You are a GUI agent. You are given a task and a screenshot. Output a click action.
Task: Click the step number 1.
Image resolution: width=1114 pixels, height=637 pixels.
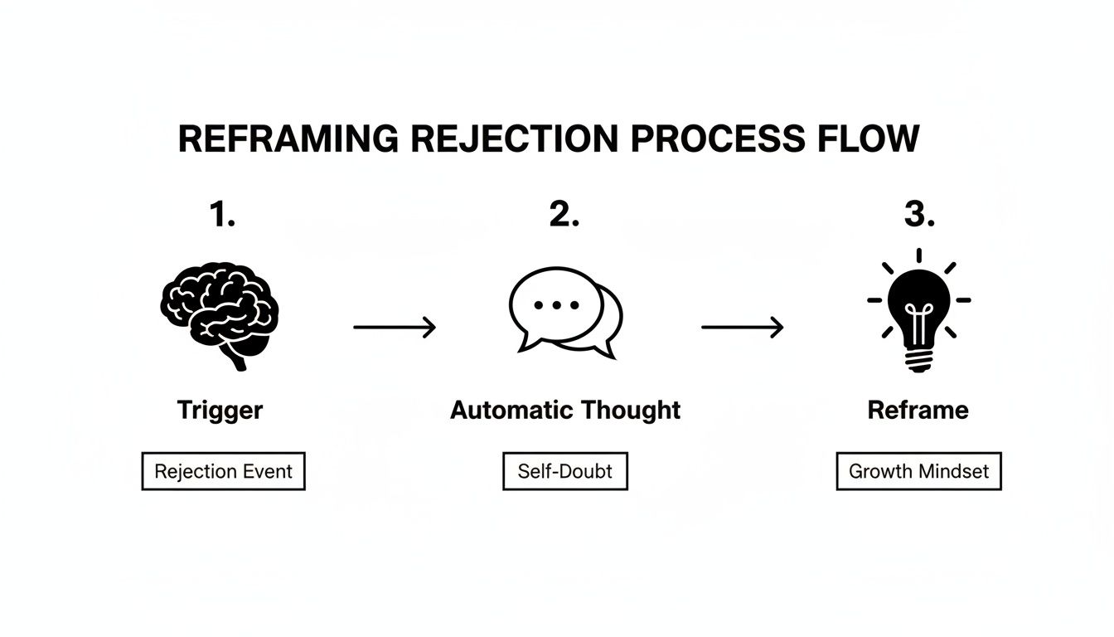tap(221, 215)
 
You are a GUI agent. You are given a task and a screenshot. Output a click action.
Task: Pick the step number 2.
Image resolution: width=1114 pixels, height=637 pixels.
tap(564, 215)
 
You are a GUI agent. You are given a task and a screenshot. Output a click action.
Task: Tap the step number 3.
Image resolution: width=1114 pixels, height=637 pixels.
tap(918, 215)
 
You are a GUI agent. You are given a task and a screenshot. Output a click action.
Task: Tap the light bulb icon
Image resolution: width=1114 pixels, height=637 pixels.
tap(918, 311)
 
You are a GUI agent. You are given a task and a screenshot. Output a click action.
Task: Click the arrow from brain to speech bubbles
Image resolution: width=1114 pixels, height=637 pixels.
tap(395, 328)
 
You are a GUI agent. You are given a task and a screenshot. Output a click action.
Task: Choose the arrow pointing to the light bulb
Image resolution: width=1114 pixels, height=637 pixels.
tap(742, 328)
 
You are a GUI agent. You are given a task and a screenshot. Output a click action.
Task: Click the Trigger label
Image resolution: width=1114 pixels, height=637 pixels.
tap(220, 410)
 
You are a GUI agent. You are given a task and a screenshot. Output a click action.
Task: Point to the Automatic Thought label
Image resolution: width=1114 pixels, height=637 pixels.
tap(565, 410)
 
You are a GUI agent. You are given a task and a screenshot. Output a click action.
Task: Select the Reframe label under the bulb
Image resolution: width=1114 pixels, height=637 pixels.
tap(918, 410)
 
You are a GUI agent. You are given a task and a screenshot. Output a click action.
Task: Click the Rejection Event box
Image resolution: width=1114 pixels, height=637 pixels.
tap(223, 471)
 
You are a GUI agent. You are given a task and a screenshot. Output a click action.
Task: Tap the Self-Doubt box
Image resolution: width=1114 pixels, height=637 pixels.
tap(565, 471)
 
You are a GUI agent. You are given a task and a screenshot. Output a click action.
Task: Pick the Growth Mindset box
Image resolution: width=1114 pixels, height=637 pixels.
tap(918, 471)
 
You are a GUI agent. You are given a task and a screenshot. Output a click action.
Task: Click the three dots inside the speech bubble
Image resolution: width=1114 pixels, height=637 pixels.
tap(556, 304)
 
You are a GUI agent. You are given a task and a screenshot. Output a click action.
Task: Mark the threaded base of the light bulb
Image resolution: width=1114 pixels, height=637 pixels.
tap(918, 359)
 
